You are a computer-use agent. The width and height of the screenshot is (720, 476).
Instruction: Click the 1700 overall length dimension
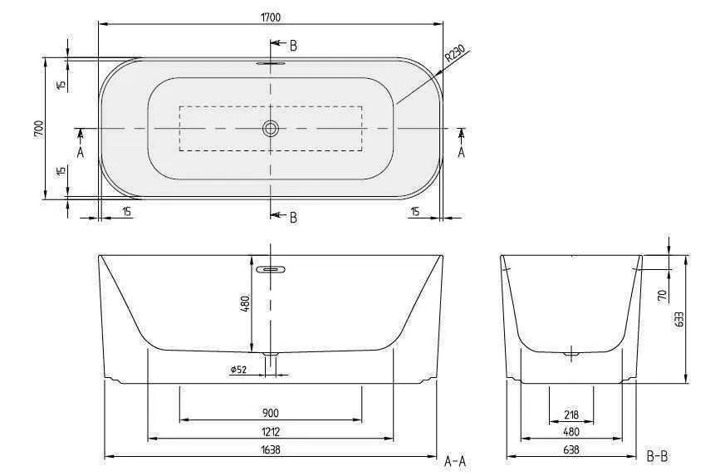point(271,16)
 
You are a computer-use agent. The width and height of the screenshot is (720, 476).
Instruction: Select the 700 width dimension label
point(38,129)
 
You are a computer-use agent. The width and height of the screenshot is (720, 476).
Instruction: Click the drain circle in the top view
point(271,129)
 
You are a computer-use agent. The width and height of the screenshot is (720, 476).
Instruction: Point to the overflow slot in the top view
point(271,62)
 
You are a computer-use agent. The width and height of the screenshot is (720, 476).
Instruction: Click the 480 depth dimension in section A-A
point(245,304)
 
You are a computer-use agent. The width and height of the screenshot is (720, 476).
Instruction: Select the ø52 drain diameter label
point(239,370)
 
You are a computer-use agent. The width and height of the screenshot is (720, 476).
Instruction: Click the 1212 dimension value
point(271,431)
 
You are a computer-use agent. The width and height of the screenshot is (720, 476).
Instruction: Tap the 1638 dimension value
point(271,450)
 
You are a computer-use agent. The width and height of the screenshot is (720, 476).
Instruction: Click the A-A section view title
point(456,459)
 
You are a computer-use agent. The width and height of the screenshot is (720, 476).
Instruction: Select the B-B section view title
point(657,455)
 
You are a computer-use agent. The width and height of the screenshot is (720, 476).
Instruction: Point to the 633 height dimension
point(680,319)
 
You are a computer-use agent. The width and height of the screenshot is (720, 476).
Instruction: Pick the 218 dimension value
point(571,415)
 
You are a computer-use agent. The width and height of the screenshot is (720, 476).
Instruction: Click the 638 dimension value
point(571,449)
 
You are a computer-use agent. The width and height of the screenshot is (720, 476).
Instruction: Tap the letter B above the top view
point(293,45)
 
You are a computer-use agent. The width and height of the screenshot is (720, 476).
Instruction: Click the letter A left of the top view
point(81,152)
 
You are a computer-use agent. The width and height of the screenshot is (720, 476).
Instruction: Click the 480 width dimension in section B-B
point(571,432)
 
